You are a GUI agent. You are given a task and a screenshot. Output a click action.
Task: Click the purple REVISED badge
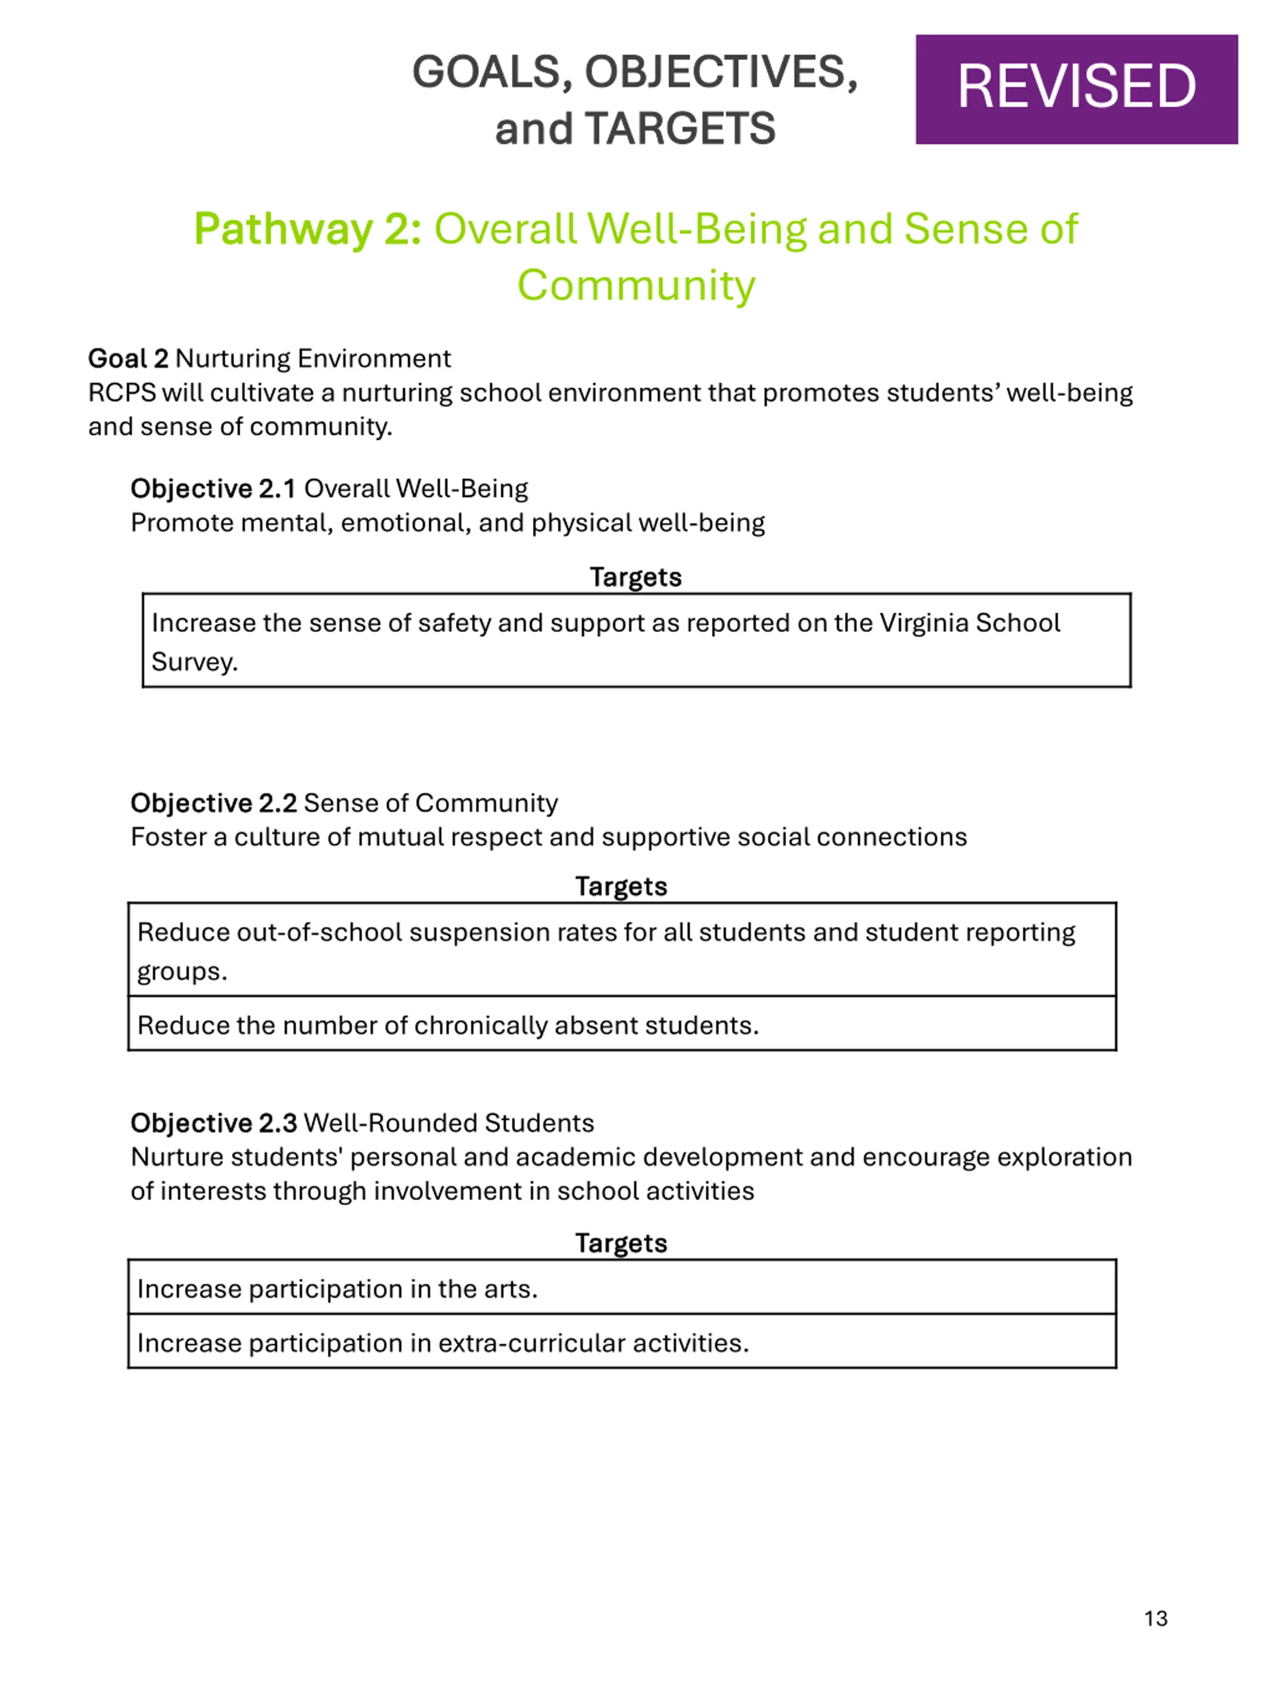[x=1076, y=89]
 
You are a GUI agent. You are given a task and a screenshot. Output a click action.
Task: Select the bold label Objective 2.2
[x=213, y=803]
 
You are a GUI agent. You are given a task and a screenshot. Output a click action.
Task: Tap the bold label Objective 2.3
[x=213, y=1122]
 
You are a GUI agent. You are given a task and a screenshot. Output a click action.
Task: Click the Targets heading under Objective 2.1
[x=636, y=577]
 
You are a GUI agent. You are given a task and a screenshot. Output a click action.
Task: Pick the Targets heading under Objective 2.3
[x=621, y=1243]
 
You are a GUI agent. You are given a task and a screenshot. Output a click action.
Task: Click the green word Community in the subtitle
[x=636, y=285]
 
